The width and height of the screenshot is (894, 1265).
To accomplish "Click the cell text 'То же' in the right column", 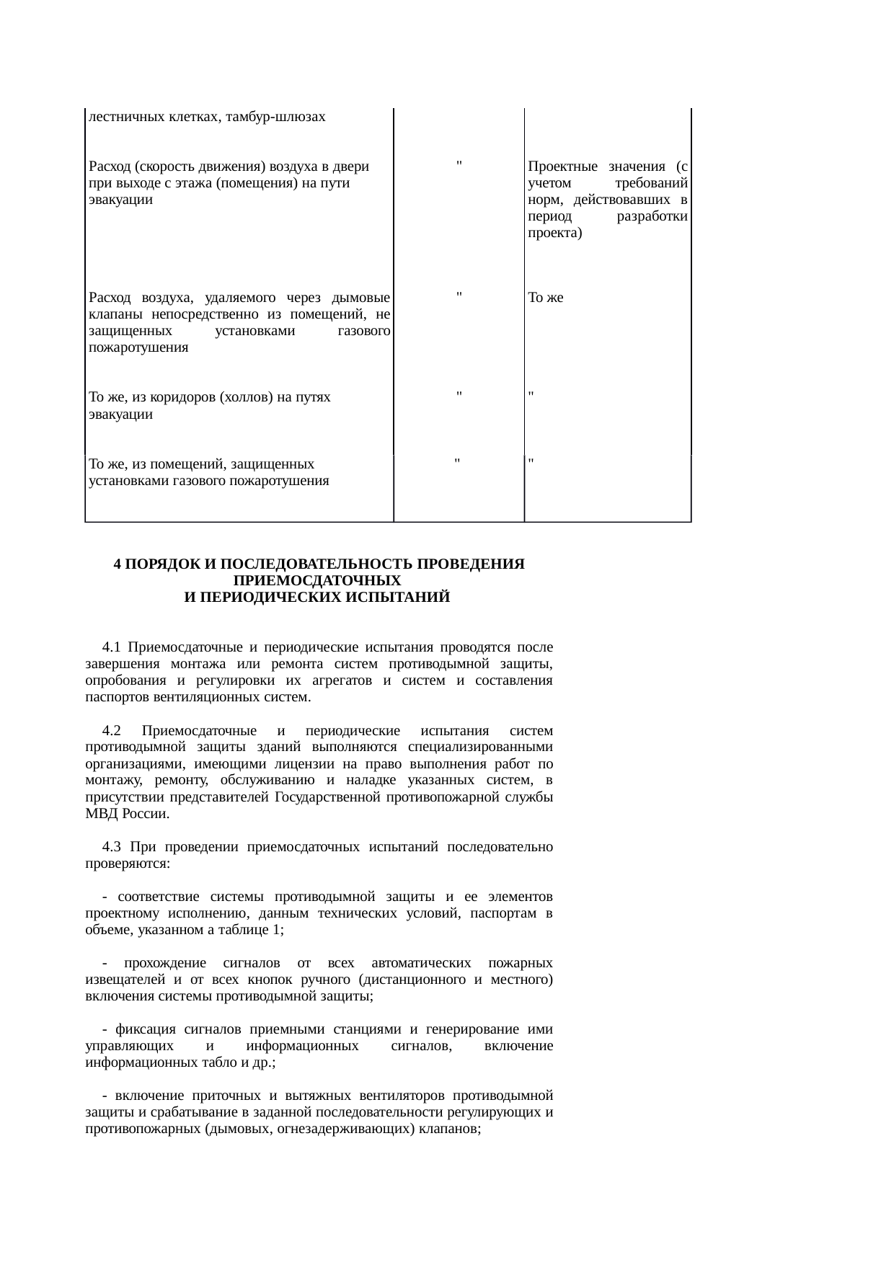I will click(x=545, y=298).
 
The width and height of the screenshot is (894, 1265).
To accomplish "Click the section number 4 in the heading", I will click(x=118, y=564).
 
